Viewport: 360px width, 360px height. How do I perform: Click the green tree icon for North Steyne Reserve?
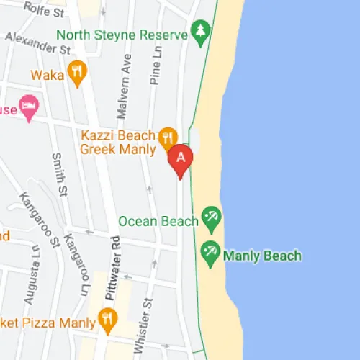click(x=200, y=31)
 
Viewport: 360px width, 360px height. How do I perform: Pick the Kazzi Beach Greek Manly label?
click(x=117, y=143)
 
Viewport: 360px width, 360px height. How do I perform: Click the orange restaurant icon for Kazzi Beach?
click(x=168, y=136)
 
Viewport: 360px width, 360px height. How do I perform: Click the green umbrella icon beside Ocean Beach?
click(x=211, y=216)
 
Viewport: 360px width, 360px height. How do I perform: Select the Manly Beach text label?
click(x=262, y=256)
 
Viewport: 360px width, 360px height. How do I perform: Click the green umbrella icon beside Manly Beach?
click(x=210, y=251)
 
